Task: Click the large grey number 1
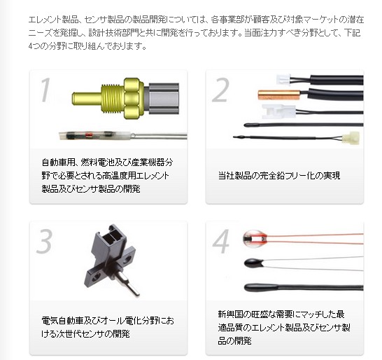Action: pyautogui.click(x=45, y=90)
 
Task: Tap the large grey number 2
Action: pyautogui.click(x=220, y=90)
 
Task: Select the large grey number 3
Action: pyautogui.click(x=44, y=242)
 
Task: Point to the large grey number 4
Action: pyautogui.click(x=221, y=242)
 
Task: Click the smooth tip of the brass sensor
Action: pyautogui.click(x=87, y=99)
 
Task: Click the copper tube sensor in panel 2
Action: pyautogui.click(x=279, y=95)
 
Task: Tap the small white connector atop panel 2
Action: pyautogui.click(x=283, y=80)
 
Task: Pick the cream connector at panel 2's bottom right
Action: pyautogui.click(x=351, y=138)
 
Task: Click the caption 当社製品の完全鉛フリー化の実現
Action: pyautogui.click(x=279, y=175)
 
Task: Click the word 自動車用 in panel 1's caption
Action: pyautogui.click(x=58, y=162)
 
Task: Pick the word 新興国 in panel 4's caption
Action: pyautogui.click(x=230, y=314)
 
